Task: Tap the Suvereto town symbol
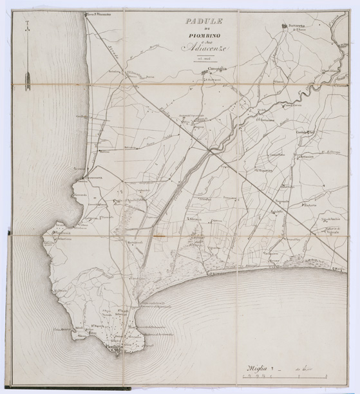pyautogui.click(x=284, y=26)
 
